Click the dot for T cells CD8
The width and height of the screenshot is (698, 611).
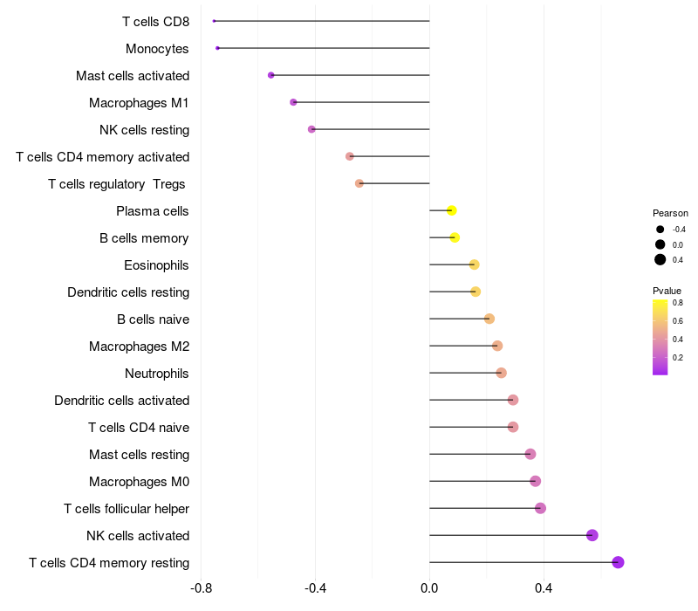tap(214, 21)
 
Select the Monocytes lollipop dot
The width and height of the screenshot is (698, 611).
tap(217, 48)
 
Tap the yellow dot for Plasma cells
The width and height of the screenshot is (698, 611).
tap(451, 210)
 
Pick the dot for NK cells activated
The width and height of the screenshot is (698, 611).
tap(592, 535)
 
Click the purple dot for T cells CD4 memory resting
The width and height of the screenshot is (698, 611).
tap(618, 562)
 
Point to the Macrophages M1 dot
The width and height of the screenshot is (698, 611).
tap(293, 102)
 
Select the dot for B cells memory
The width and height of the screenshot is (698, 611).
tap(455, 237)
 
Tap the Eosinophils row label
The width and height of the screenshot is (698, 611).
tap(156, 265)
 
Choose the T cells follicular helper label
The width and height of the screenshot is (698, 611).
tap(127, 509)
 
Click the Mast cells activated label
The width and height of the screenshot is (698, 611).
tap(133, 76)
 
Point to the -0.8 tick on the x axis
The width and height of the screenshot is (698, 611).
tap(201, 588)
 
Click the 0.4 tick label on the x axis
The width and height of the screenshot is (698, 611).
tap(544, 588)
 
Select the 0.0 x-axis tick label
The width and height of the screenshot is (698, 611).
tap(429, 588)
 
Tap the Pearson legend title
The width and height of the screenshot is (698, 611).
tap(670, 213)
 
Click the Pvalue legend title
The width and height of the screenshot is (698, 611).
tap(667, 291)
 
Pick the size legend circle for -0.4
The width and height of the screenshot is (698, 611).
tap(660, 230)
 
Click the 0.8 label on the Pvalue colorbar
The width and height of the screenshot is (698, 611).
tap(678, 303)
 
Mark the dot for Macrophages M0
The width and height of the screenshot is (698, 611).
tap(536, 481)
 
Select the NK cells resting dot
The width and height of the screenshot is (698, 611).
tap(311, 129)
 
